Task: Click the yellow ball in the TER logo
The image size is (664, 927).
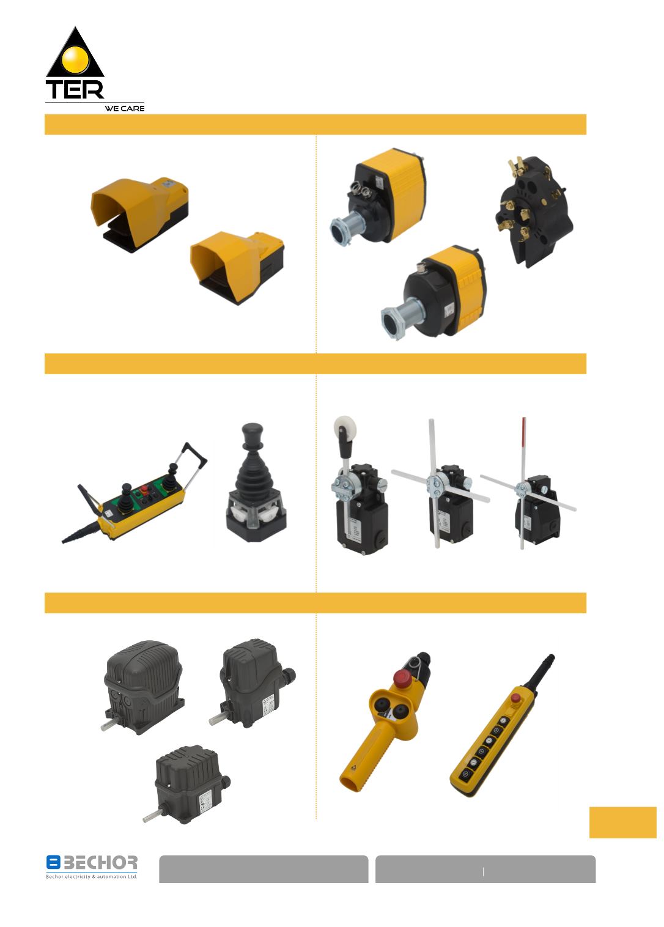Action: [x=75, y=59]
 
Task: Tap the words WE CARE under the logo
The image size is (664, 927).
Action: [x=125, y=108]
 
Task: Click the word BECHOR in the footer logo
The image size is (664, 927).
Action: [x=100, y=862]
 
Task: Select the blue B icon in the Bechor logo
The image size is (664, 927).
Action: [x=53, y=862]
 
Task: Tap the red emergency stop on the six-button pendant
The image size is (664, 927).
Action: [x=515, y=698]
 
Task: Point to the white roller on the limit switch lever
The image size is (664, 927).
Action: [x=342, y=426]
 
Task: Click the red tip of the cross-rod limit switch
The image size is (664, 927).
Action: [x=524, y=431]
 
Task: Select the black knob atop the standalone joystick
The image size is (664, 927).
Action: [x=253, y=433]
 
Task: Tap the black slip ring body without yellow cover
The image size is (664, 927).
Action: [x=533, y=210]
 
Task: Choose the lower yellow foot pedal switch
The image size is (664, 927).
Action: [x=237, y=267]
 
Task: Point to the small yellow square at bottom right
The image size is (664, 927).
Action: [x=622, y=822]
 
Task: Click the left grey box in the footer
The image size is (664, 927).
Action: [x=264, y=869]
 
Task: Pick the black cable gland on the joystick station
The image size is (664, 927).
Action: [x=81, y=533]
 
